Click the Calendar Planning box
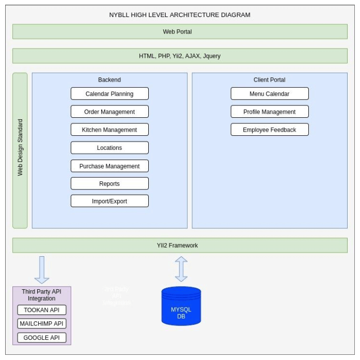point(109,93)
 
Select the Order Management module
point(109,112)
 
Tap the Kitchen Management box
point(109,130)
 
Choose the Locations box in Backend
point(109,148)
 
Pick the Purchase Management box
point(109,166)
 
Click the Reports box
point(109,183)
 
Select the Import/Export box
point(109,201)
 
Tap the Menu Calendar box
point(269,93)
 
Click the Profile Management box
point(269,112)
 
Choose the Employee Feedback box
point(269,130)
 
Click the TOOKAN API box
point(42,310)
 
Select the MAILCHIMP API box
point(42,324)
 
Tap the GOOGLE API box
point(42,338)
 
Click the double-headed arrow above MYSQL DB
point(181,269)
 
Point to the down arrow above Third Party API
point(42,269)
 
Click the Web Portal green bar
point(180,32)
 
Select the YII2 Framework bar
point(180,245)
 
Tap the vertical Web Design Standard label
point(20,150)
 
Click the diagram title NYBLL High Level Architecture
point(180,15)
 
